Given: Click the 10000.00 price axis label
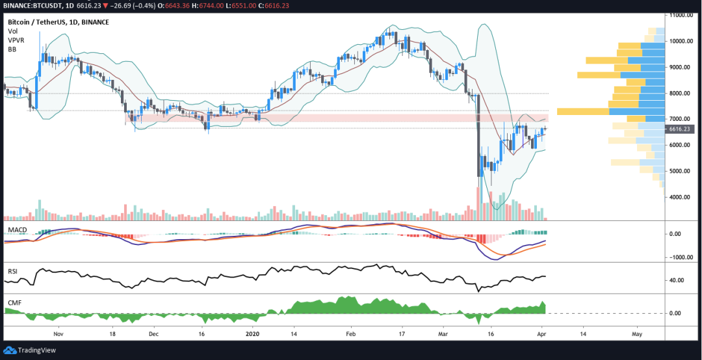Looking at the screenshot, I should [682, 41].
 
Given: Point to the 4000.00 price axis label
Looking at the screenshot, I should [681, 197].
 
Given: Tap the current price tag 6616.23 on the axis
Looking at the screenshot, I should [681, 129].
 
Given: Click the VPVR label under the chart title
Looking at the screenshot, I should [16, 40].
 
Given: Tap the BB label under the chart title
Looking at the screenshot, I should [12, 49].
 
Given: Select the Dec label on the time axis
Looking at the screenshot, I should [154, 334].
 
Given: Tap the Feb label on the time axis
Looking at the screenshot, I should [351, 334].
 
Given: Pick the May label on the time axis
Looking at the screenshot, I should [637, 334].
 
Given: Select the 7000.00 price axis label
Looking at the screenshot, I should [681, 119].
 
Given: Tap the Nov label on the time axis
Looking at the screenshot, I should [58, 334].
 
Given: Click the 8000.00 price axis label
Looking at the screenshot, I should [681, 93].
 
